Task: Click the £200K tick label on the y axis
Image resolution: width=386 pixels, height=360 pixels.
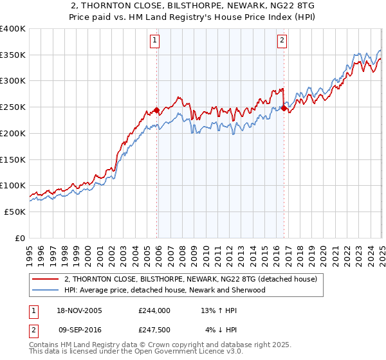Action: pyautogui.click(x=12, y=133)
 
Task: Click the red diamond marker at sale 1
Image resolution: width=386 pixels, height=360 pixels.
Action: pyautogui.click(x=157, y=111)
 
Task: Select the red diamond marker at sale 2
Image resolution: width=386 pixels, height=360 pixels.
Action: pyautogui.click(x=284, y=109)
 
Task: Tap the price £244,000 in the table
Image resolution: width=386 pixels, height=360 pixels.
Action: pyautogui.click(x=154, y=310)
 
